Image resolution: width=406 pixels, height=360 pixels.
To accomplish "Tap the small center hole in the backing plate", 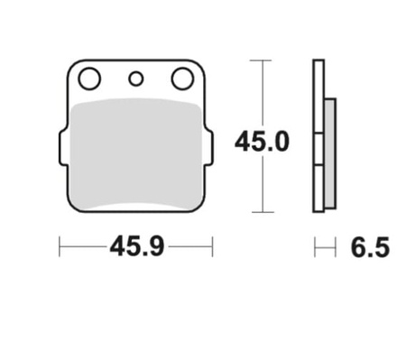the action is [x=136, y=78].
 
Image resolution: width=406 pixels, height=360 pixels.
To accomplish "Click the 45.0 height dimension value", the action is [x=262, y=142].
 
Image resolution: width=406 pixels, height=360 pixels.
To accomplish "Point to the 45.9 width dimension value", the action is [x=137, y=247].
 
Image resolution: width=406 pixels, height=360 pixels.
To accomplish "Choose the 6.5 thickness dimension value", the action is [x=370, y=247].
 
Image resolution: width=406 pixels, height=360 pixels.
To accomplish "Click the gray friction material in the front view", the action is [x=136, y=154].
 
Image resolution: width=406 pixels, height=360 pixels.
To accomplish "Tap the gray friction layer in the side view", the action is [x=330, y=153].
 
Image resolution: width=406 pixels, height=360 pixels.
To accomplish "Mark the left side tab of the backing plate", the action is [x=63, y=147].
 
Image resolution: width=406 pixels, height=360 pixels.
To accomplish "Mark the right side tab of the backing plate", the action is [x=209, y=147].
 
